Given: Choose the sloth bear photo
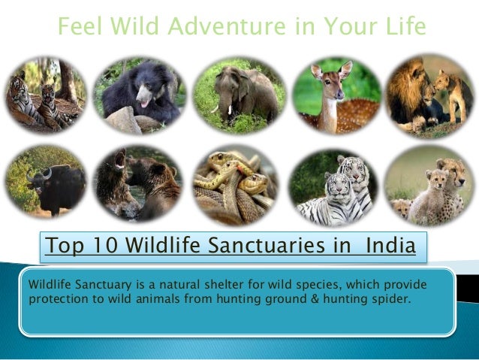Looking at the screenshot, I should [140, 94].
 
